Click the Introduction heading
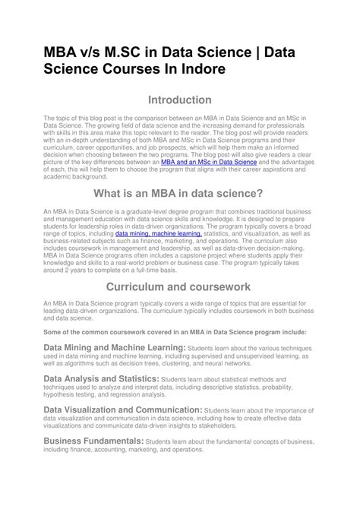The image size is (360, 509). [179, 100]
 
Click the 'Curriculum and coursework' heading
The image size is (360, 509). [179, 287]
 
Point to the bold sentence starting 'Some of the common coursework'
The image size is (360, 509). [175, 332]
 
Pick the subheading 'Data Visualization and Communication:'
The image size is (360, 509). [122, 409]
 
